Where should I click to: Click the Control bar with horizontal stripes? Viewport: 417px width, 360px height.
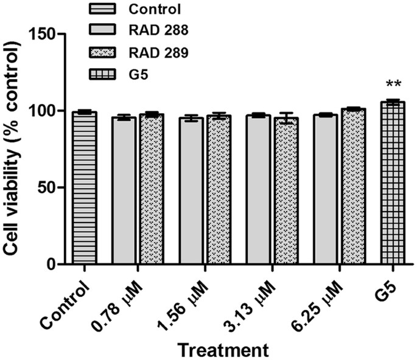[x=84, y=189]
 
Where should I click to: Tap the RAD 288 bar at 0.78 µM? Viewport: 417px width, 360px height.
[x=125, y=191]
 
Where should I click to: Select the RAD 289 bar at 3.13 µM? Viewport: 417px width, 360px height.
[x=286, y=192]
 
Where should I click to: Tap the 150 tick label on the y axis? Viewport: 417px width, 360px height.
[x=46, y=34]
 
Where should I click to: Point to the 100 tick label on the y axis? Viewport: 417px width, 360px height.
[x=46, y=111]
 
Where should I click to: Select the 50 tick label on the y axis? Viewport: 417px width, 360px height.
[x=50, y=188]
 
